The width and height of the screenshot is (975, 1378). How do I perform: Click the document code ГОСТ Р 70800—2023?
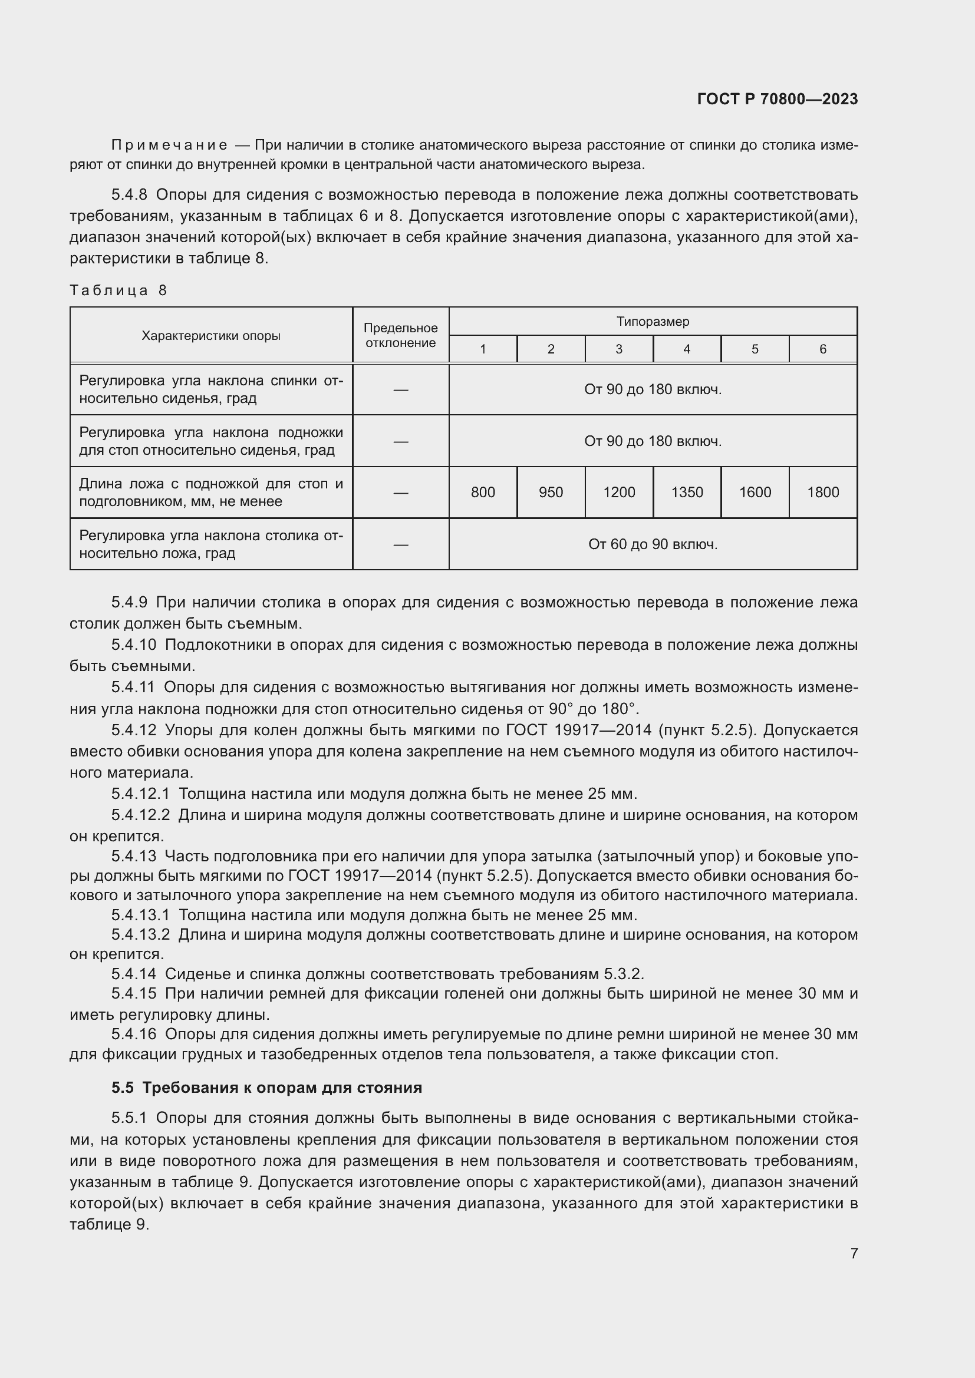777,99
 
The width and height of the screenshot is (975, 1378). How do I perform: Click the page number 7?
854,1253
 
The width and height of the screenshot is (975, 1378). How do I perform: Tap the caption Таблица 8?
118,290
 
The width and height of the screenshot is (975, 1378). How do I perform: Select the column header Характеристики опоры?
210,335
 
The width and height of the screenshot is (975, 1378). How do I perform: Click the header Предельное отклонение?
400,335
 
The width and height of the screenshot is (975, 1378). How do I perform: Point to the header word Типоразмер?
653,322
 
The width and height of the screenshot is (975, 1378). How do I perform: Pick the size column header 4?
687,349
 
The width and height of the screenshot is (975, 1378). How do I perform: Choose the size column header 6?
822,349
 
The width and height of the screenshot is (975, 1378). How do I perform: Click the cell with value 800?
483,493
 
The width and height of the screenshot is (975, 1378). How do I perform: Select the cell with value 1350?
687,493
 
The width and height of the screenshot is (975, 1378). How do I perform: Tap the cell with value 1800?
822,493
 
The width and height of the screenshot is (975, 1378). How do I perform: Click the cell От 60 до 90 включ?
653,544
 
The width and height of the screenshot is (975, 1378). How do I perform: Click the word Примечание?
169,146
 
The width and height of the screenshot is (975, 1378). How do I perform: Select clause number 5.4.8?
129,195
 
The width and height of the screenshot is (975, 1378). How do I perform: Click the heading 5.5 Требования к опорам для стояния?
266,1088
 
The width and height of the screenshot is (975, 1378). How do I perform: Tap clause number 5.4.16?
133,1033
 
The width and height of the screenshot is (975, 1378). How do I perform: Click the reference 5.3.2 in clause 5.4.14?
623,973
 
